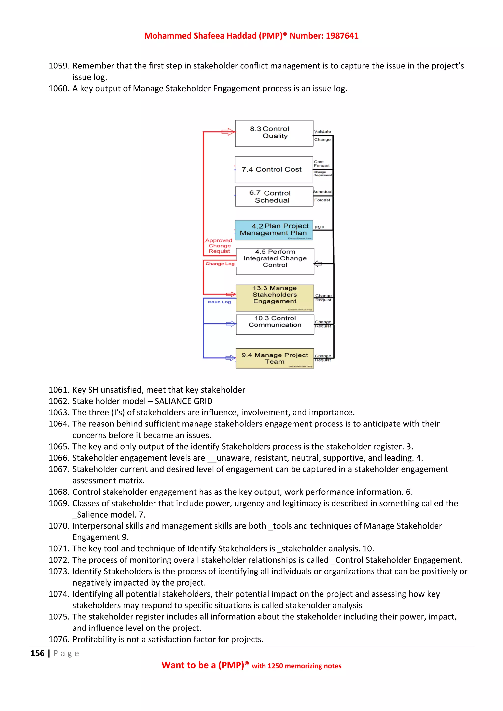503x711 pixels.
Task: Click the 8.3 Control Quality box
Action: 274,133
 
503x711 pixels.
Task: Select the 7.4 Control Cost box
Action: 274,170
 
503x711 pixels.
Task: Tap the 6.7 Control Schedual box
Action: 274,196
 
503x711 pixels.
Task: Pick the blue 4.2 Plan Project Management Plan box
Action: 274,230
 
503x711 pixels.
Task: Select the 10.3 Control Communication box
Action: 275,324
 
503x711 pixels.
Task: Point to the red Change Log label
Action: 220,264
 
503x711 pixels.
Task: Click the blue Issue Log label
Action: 219,302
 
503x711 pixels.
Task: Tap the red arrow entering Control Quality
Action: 228,132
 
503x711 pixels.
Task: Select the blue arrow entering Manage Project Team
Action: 230,358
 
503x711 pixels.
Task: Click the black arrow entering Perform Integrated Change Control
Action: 318,264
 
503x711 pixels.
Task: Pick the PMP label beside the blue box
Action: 319,227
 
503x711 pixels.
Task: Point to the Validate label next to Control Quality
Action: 322,131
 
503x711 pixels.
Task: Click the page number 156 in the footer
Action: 38,653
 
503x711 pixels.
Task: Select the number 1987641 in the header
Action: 342,36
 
